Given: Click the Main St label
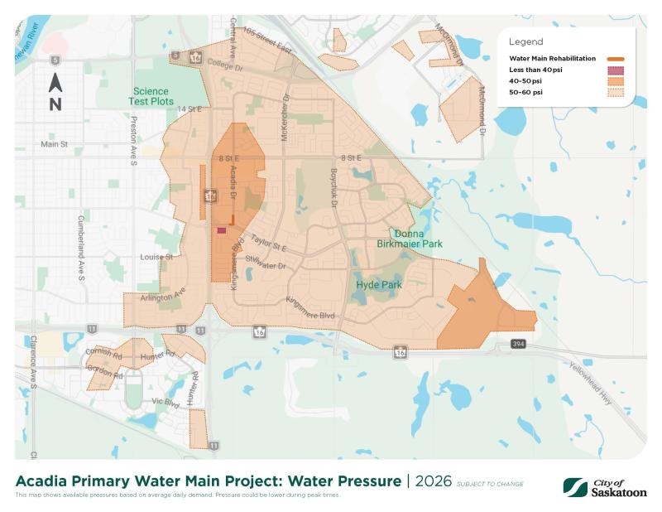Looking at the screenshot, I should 53,143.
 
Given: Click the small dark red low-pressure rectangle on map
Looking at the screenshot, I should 221,231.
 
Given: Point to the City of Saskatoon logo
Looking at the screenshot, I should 605,485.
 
